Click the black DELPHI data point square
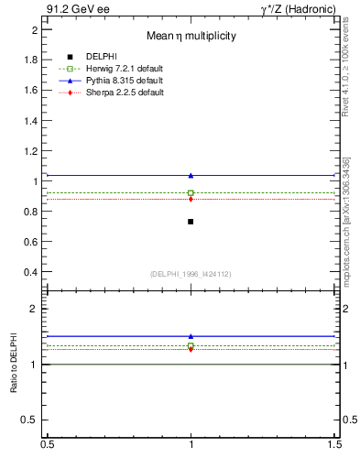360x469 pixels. (x=191, y=222)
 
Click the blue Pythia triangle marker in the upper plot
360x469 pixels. (x=191, y=175)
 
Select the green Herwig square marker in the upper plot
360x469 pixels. (x=191, y=192)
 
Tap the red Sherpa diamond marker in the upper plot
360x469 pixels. (x=191, y=199)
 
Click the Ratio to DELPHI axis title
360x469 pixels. (x=14, y=364)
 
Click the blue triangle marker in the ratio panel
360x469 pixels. (x=191, y=336)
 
